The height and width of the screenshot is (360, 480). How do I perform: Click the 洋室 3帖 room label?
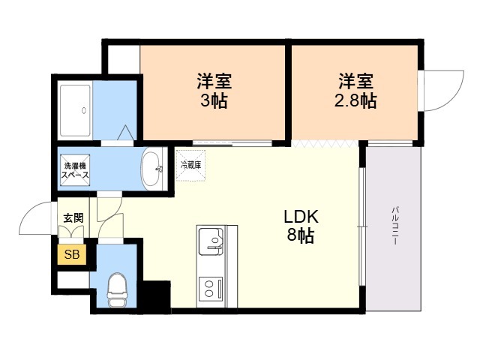point(214,91)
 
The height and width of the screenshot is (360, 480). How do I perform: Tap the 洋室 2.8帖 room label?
point(355,91)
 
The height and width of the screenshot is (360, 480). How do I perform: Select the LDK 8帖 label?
point(301,226)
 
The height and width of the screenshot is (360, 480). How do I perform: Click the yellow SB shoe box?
point(72,254)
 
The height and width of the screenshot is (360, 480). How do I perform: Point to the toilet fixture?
point(117,289)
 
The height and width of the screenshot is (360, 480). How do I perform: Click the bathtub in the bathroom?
point(75,110)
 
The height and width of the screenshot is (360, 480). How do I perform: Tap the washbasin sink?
point(151,169)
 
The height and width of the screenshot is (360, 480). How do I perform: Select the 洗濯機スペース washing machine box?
point(75,170)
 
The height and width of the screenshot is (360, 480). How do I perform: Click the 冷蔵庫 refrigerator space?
point(190,165)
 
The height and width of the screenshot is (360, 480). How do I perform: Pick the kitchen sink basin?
point(211,241)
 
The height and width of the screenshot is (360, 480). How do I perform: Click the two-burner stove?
point(211,289)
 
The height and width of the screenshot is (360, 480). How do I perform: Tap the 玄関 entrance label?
point(73,218)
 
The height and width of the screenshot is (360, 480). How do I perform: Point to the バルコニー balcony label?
point(395,226)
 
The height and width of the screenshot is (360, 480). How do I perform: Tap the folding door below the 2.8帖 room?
point(325,143)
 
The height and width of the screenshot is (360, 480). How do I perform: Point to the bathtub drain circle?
point(84,110)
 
